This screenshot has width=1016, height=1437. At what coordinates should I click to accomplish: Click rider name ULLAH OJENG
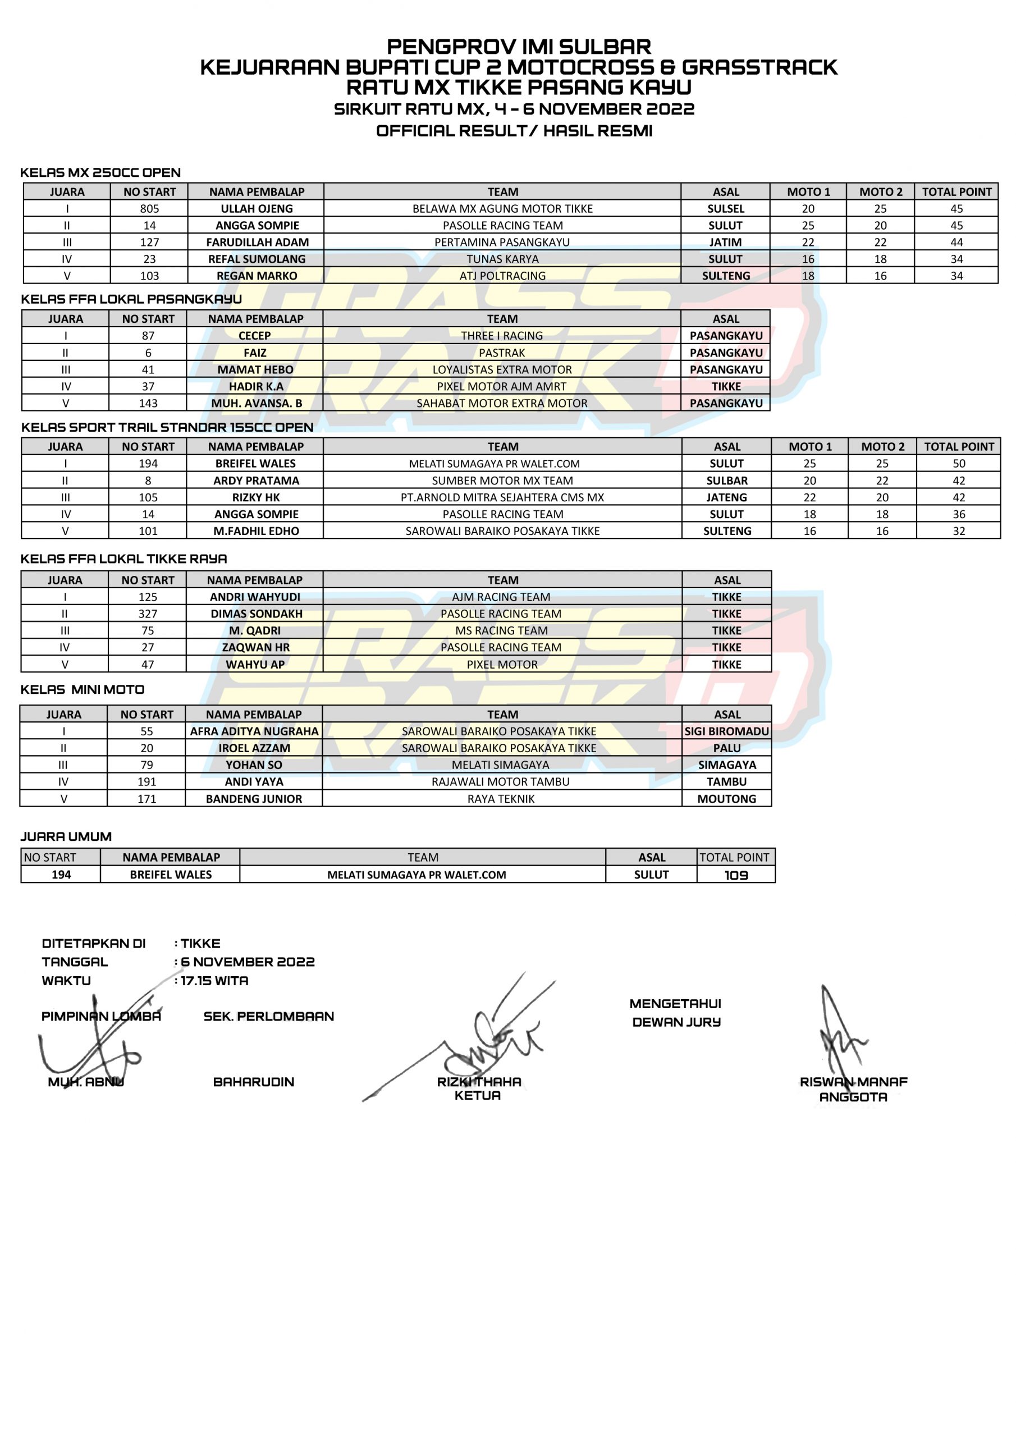coord(257,208)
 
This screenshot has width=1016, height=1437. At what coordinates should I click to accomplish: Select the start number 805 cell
coord(150,208)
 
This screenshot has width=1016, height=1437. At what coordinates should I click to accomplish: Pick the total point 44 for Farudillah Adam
coord(956,242)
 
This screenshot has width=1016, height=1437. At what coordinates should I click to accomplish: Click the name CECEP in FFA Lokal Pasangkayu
coord(255,336)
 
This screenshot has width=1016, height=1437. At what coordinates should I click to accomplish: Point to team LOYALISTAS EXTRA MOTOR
coord(502,369)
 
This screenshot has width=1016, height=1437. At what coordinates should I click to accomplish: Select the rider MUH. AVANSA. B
coord(257,403)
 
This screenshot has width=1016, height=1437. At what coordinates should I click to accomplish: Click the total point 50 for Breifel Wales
coord(958,463)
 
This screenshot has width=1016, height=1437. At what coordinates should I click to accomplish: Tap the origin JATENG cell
coord(726,497)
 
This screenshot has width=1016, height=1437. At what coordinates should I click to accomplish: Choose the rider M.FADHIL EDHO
coord(256,531)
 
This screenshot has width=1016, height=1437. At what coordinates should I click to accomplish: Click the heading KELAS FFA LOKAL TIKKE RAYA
coord(124,559)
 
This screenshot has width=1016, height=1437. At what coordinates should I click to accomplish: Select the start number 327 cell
coord(148,614)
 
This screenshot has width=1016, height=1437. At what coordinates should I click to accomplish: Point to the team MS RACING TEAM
coord(501,630)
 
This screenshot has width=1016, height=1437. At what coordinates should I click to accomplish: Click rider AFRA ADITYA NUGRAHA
coord(254,731)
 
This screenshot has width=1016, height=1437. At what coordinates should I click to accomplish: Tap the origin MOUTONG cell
coord(726,799)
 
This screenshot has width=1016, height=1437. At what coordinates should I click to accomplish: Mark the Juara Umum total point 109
coord(736,875)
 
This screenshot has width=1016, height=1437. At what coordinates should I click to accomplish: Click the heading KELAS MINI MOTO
coord(83,689)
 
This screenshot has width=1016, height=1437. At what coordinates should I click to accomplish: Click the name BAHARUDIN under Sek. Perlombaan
coord(254,1082)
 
